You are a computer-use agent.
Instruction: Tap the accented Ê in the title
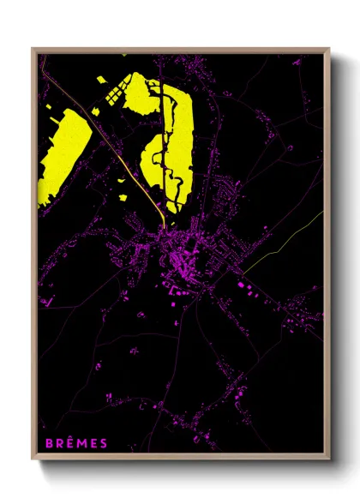[x=70, y=443]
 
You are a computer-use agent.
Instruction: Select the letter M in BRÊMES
[x=82, y=443]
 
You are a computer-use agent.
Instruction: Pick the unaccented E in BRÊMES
[x=94, y=443]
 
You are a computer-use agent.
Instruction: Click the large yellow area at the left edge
[x=62, y=159]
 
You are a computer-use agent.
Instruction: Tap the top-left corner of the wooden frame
[x=33, y=50]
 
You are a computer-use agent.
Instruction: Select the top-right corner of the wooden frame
[x=328, y=50]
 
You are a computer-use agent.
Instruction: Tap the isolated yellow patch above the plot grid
[x=102, y=79]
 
